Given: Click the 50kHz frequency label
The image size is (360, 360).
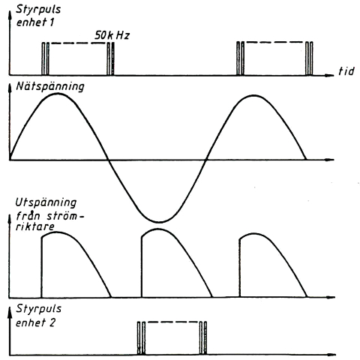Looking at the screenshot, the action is click(112, 35).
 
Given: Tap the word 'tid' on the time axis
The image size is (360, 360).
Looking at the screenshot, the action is click(346, 71).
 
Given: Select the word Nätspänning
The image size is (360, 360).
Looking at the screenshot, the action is click(50, 87).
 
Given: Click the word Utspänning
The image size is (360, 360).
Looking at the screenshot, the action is click(46, 202).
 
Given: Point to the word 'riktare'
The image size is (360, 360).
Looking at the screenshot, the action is click(34, 226).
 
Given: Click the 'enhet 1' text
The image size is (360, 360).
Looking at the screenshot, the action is click(35, 22).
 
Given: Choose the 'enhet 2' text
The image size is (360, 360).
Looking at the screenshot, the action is click(35, 322).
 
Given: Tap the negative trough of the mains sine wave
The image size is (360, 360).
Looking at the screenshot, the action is click(159, 221).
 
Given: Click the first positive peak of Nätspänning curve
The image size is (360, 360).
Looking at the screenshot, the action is click(58, 94).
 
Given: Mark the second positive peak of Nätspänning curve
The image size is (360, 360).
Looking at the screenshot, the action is click(254, 96).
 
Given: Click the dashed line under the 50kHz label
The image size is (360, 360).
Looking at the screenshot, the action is click(78, 43).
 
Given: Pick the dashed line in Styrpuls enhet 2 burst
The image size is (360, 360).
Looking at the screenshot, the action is click(172, 322).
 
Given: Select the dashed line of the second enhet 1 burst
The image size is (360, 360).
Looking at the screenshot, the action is click(274, 42).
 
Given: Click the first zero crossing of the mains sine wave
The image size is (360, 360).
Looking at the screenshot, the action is click(108, 160).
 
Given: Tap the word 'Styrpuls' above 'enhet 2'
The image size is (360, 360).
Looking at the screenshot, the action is click(38, 309).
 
